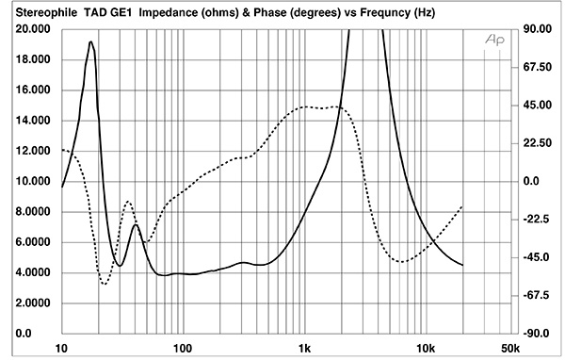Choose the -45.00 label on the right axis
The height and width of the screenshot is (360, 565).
pos(538,257)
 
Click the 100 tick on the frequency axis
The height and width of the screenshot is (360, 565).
pos(183,347)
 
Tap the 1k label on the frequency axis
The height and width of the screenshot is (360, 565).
pos(303,347)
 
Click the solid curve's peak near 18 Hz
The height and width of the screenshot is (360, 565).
pos(90,41)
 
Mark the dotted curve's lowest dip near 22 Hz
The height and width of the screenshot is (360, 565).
pos(105,284)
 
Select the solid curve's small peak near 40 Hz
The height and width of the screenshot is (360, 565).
pos(137,224)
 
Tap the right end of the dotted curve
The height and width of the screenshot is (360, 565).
pos(462,205)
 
